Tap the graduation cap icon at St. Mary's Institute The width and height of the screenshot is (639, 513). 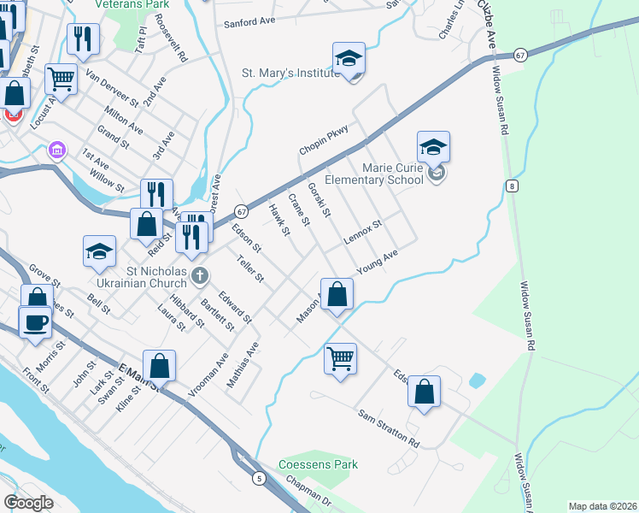point(349,58)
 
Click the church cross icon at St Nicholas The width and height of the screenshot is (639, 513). point(199,275)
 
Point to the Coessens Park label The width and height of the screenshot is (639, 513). point(318,465)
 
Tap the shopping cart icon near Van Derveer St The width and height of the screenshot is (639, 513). point(62,80)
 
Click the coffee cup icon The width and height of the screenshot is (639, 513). point(35,322)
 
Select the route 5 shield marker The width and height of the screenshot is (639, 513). point(258,480)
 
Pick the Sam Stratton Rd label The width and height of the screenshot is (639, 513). point(389,430)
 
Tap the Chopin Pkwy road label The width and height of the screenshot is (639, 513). point(325,139)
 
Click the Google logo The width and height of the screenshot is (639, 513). point(28,503)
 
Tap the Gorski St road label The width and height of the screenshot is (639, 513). point(319,198)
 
